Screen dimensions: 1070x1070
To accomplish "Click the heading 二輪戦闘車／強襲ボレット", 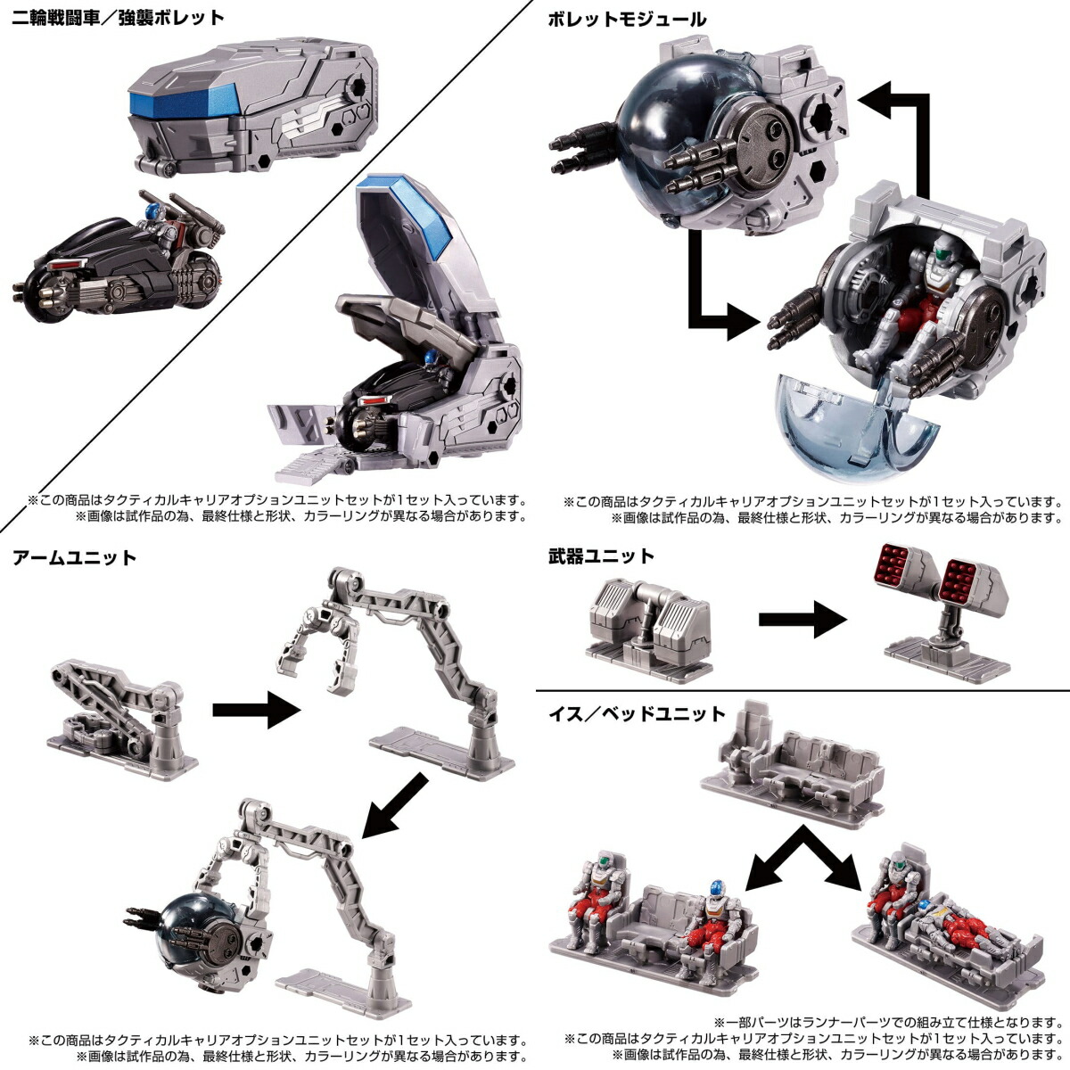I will point(118,18).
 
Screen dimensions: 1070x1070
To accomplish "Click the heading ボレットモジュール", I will point(628,18).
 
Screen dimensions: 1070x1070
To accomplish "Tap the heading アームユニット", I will point(74,558).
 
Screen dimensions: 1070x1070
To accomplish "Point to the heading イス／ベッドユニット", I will point(637,713).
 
